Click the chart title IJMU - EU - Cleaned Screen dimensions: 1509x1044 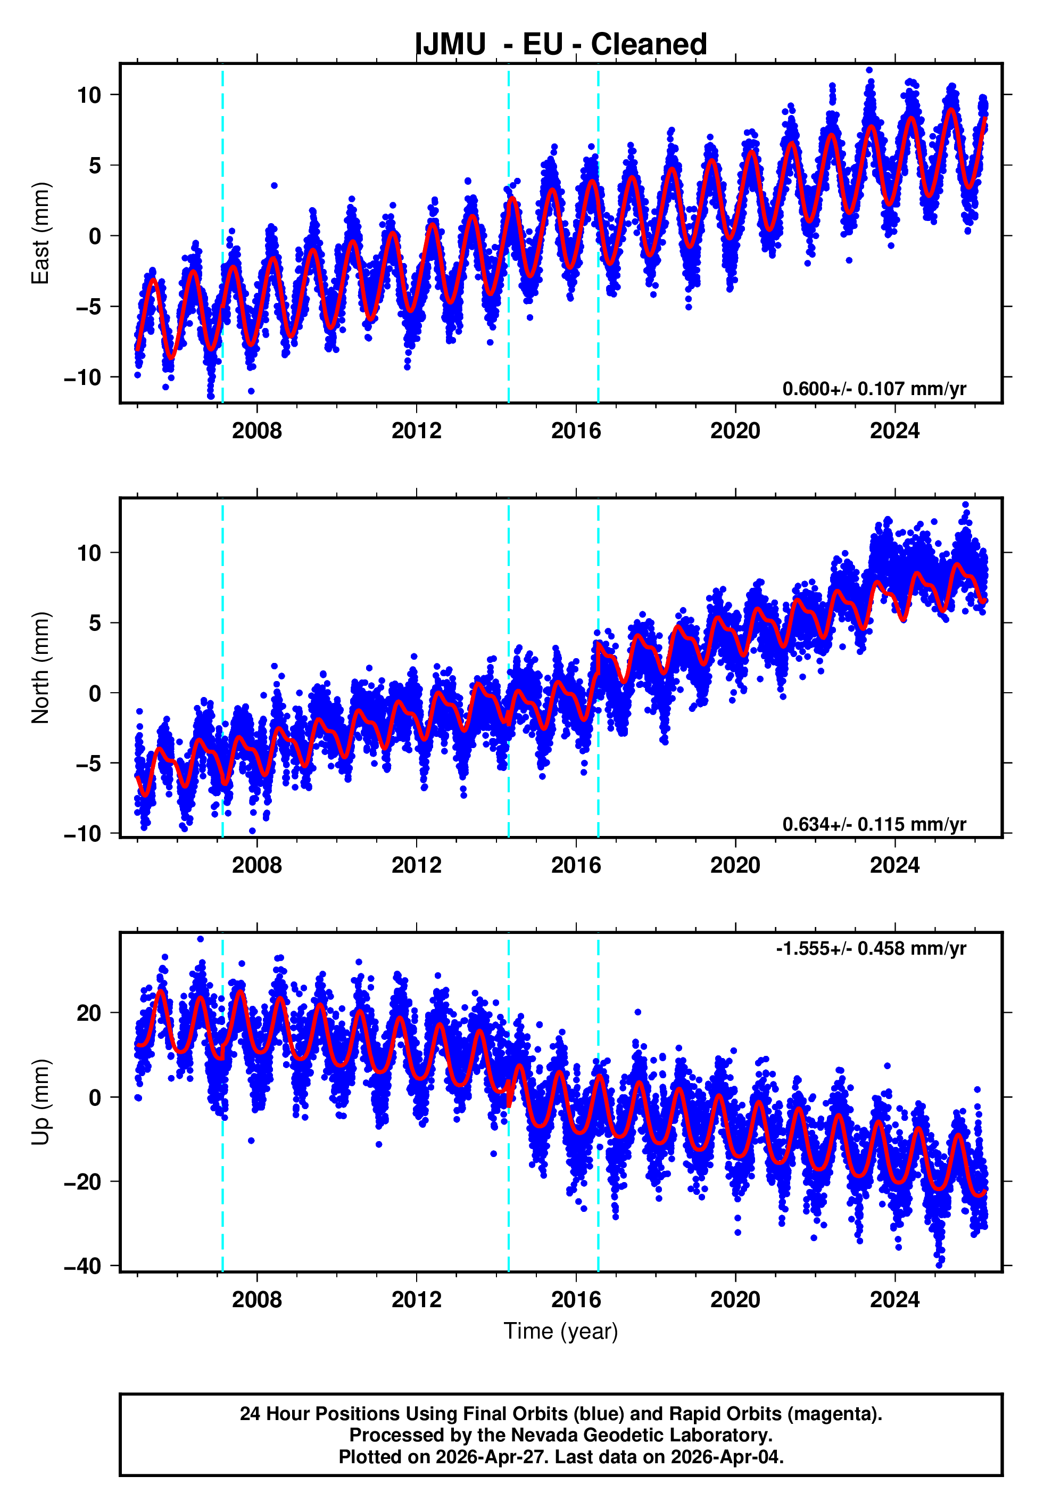[x=561, y=45]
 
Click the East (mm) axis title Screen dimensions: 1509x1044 [x=40, y=233]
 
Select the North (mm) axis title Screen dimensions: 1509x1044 [x=40, y=668]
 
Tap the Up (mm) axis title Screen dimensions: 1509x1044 [x=40, y=1102]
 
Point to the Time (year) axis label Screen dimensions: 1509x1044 [x=561, y=1332]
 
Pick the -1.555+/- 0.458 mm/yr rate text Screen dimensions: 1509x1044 [x=871, y=948]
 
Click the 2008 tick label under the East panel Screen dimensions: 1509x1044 [x=256, y=431]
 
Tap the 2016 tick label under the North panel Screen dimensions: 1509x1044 [x=576, y=865]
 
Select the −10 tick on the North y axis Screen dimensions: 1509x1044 [x=83, y=834]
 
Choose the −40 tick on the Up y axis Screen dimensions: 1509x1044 [x=83, y=1266]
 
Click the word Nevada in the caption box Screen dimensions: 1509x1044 [x=544, y=1435]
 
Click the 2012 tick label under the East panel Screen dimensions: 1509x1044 [x=416, y=431]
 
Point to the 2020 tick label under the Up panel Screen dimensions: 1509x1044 [x=735, y=1300]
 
